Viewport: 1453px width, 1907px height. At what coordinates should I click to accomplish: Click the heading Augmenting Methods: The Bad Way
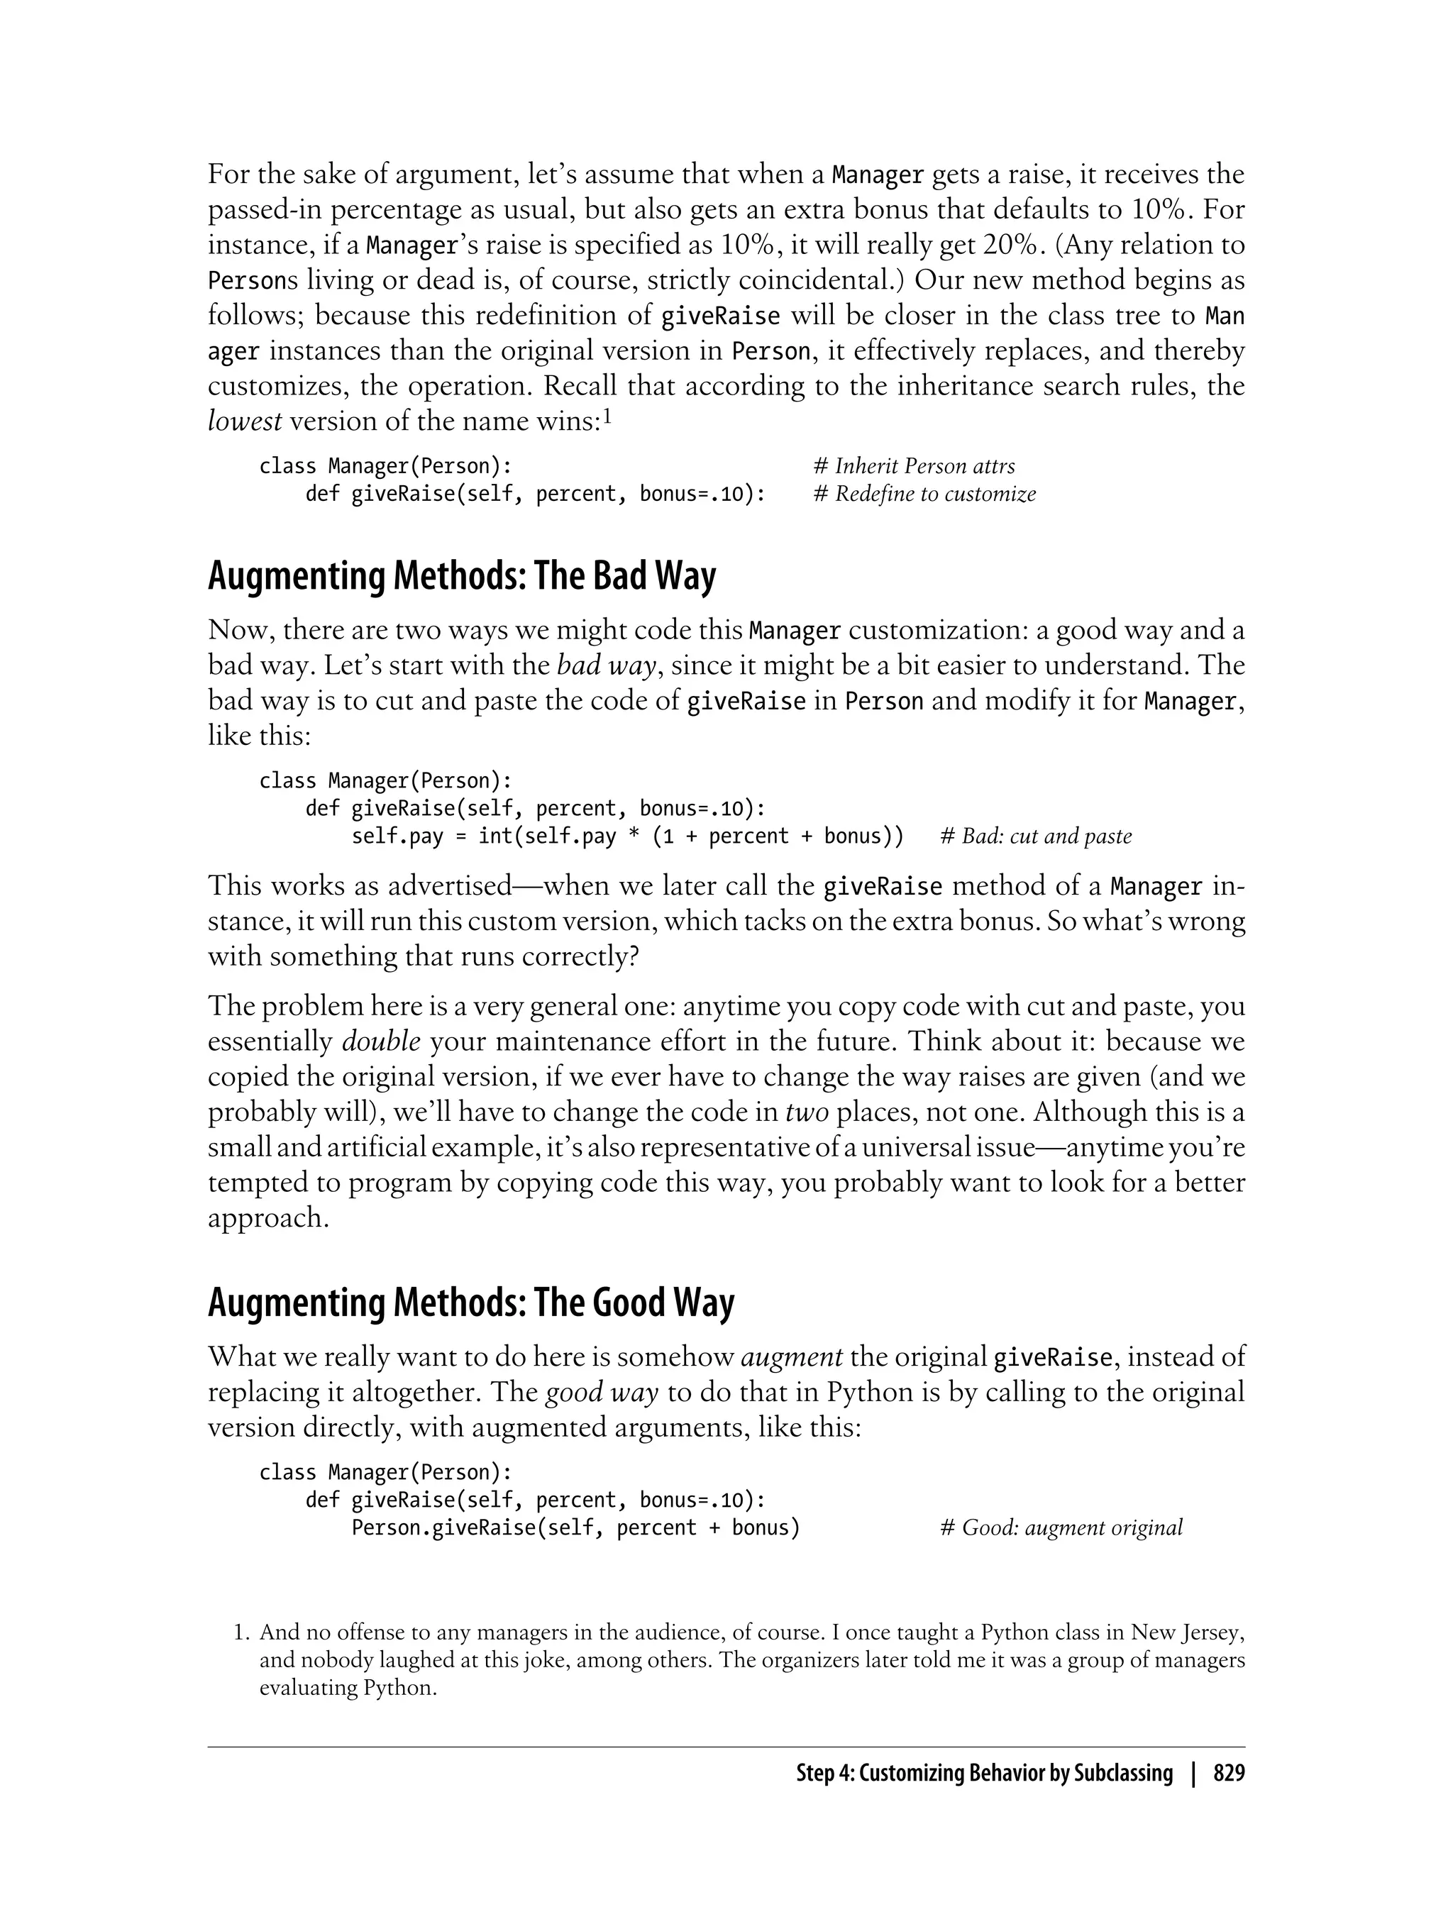pos(462,576)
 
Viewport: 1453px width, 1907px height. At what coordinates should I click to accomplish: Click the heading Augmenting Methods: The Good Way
pos(470,1303)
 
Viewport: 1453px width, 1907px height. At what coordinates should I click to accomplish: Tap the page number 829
pos(1229,1773)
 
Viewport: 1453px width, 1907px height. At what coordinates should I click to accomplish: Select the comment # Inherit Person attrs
pos(915,466)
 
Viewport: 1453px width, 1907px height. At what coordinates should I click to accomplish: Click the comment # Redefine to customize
pos(924,494)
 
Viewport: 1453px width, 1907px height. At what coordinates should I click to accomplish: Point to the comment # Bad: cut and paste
pos(1035,836)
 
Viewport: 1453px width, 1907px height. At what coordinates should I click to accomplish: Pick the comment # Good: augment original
pos(1061,1527)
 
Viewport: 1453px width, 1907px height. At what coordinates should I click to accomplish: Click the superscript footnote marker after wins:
pos(607,418)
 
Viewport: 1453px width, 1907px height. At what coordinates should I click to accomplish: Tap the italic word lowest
pos(244,421)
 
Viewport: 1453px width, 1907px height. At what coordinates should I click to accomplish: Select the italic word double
pos(380,1041)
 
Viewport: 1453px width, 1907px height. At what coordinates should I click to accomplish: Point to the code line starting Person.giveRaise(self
pos(575,1527)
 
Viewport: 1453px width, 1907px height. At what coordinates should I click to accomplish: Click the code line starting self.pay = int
pos(627,836)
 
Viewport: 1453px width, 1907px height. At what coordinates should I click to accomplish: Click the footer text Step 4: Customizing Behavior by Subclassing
pos(984,1773)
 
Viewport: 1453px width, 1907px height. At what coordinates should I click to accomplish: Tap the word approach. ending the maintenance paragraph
pos(268,1217)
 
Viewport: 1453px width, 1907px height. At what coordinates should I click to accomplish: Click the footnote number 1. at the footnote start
pos(241,1633)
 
